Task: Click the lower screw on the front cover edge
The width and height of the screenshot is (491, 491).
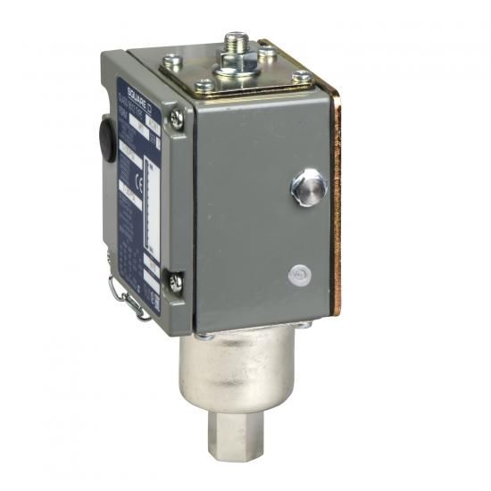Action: (177, 282)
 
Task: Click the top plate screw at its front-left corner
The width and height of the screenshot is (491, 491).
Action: (203, 87)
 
